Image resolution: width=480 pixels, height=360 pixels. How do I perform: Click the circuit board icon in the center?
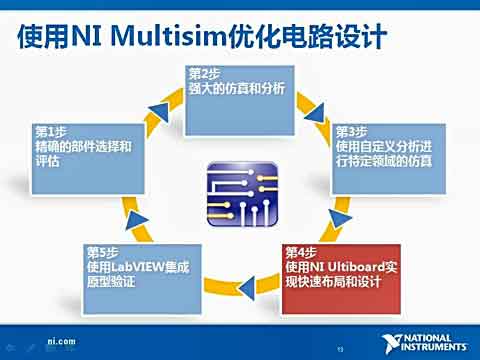pos(239,190)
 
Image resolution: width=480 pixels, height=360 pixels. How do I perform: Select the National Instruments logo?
pos(424,341)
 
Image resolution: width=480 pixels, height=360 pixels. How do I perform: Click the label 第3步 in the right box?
pos(352,131)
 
